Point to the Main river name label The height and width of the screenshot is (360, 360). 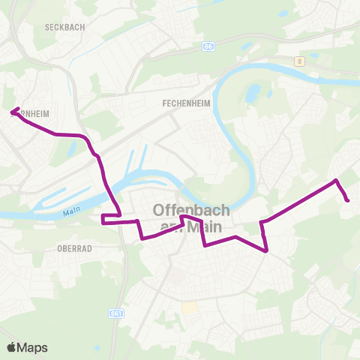(x=71, y=212)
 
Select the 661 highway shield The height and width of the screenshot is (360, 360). (x=115, y=313)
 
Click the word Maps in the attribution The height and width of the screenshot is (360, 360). (x=34, y=347)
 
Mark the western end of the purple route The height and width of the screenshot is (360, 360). (x=12, y=112)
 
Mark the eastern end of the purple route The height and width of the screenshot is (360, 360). (x=348, y=199)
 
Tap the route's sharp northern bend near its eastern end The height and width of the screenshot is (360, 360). (x=336, y=181)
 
